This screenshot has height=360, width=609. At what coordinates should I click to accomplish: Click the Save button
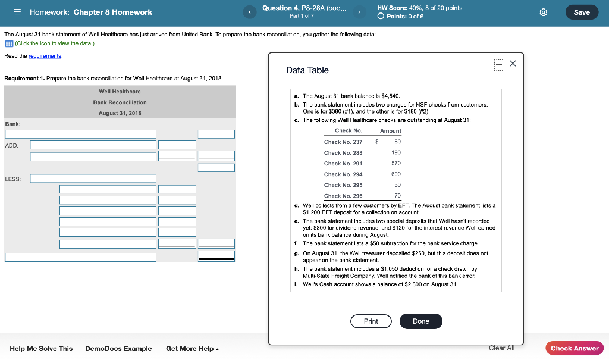point(582,12)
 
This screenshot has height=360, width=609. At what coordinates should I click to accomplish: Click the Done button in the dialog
point(420,321)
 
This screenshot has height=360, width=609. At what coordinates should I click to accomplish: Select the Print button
point(371,321)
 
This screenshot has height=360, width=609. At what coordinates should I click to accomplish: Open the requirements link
point(45,55)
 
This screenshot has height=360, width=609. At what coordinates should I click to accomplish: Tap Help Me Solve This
point(41,349)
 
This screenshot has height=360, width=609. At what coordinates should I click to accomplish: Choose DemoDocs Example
point(118,349)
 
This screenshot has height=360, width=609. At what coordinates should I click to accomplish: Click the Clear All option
point(501,348)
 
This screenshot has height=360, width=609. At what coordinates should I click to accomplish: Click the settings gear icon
point(542,12)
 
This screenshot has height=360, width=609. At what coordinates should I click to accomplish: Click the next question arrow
point(359,12)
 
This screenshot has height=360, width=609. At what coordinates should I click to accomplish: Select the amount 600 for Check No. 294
point(395,174)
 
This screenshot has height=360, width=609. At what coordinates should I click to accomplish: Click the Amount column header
point(390,131)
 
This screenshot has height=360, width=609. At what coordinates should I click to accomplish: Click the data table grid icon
point(9,43)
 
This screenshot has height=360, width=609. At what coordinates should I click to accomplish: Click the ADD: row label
point(11,145)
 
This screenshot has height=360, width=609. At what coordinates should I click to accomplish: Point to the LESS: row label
point(12,179)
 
